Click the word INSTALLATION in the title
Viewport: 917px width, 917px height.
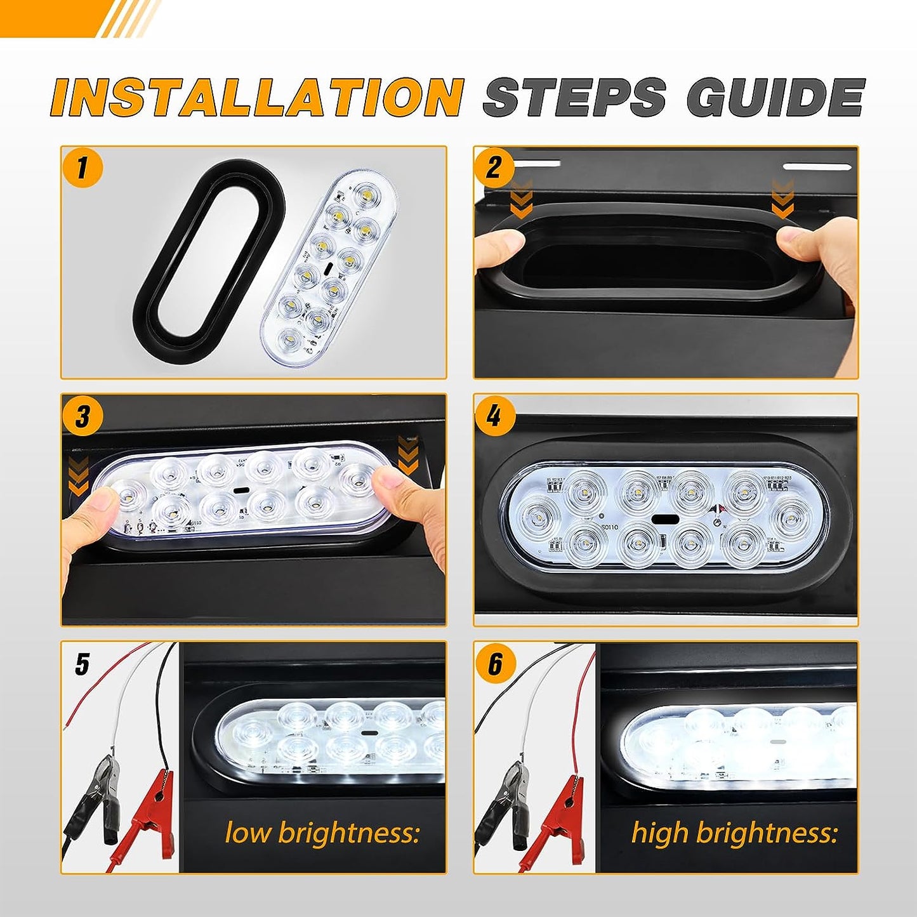(x=257, y=97)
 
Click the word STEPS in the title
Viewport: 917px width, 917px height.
(x=575, y=97)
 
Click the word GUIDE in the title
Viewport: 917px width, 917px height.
(x=775, y=97)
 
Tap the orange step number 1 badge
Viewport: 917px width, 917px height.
(x=82, y=168)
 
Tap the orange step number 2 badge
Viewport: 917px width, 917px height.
(x=494, y=168)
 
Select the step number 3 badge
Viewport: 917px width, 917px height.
(x=82, y=416)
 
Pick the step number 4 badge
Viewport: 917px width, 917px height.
(x=494, y=416)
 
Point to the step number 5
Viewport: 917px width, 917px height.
(x=82, y=664)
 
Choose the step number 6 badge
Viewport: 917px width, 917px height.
(x=494, y=664)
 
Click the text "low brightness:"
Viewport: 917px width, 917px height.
(x=322, y=832)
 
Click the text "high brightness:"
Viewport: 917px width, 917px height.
(x=734, y=832)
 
